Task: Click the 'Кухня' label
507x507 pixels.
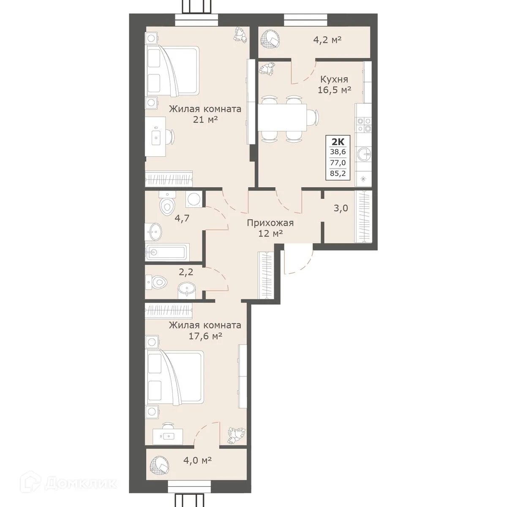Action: click(334, 79)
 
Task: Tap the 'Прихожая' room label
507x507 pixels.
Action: click(270, 223)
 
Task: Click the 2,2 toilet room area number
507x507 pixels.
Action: click(186, 272)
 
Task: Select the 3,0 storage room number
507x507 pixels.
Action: click(341, 208)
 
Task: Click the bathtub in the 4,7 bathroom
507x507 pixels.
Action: click(167, 252)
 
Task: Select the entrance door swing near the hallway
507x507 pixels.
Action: click(297, 262)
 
